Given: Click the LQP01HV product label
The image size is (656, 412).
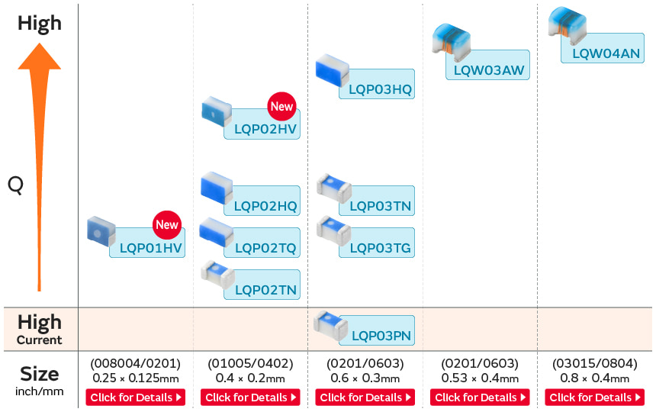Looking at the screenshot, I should [152, 247].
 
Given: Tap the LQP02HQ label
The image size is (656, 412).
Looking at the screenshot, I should [265, 206].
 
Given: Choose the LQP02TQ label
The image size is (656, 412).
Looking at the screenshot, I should [265, 248].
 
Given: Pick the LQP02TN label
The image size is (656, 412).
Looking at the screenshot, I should [265, 289].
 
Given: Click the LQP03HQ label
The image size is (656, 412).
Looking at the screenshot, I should [380, 89].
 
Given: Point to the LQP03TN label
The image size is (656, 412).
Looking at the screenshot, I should [381, 206].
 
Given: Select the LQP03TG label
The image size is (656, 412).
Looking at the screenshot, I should [381, 248].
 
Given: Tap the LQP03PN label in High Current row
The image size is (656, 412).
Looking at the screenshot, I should [381, 335].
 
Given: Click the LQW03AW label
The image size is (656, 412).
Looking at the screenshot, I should [489, 71].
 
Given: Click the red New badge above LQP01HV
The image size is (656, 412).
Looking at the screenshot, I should [166, 224].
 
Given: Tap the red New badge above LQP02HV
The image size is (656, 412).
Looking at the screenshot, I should [281, 107].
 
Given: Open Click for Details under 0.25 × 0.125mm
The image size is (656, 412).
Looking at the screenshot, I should [136, 398].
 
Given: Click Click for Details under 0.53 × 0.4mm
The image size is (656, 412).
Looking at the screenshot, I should [480, 398].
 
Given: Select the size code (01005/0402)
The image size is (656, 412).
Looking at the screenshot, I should [250, 363].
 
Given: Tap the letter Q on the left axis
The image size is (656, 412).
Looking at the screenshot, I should [16, 185].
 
